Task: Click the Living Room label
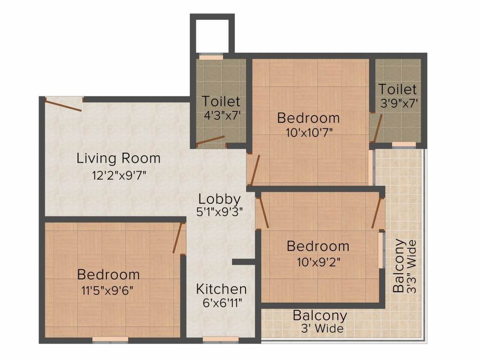tap(118, 158)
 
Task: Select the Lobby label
tap(219, 199)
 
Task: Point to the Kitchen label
tap(221, 289)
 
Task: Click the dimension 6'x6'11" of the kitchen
tap(221, 303)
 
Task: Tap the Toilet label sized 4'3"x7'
tap(221, 101)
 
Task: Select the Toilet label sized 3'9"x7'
tap(397, 89)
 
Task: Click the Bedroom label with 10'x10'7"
tap(308, 118)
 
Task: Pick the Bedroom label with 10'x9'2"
tap(318, 246)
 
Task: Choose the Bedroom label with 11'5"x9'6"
tap(108, 274)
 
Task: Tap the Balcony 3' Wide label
tap(320, 315)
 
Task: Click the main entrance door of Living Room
tap(63, 104)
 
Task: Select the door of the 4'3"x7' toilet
tap(210, 141)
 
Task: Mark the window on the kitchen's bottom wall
tap(214, 339)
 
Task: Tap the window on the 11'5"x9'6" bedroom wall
tap(110, 339)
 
